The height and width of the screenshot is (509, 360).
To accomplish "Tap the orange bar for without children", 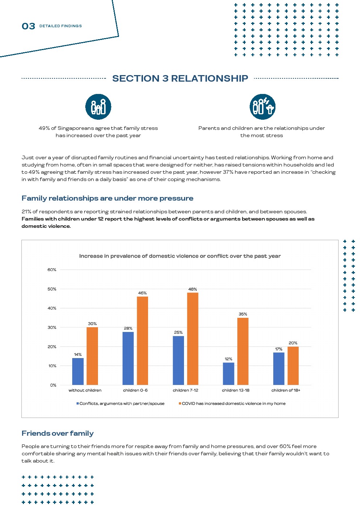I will (92, 356).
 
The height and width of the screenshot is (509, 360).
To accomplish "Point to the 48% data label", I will (193, 289).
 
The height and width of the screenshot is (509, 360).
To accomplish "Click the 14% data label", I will (78, 354).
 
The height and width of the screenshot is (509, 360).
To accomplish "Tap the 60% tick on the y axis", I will (52, 270).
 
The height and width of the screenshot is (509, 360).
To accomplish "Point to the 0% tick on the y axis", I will (53, 385).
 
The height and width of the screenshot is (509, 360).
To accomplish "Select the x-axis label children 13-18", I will (236, 390).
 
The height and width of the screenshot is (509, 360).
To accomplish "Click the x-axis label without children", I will (85, 390).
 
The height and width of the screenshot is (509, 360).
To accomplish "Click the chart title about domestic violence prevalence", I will (180, 256).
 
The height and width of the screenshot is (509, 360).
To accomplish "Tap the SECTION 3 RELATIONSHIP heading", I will (180, 78).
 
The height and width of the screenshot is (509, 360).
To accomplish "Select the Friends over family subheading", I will (58, 433).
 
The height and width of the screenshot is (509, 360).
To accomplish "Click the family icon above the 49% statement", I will (98, 107).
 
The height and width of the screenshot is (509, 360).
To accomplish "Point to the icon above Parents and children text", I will (262, 107).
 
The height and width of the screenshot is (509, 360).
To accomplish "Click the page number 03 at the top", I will (28, 26).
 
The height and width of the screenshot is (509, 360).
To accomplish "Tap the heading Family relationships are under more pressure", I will (107, 198).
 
